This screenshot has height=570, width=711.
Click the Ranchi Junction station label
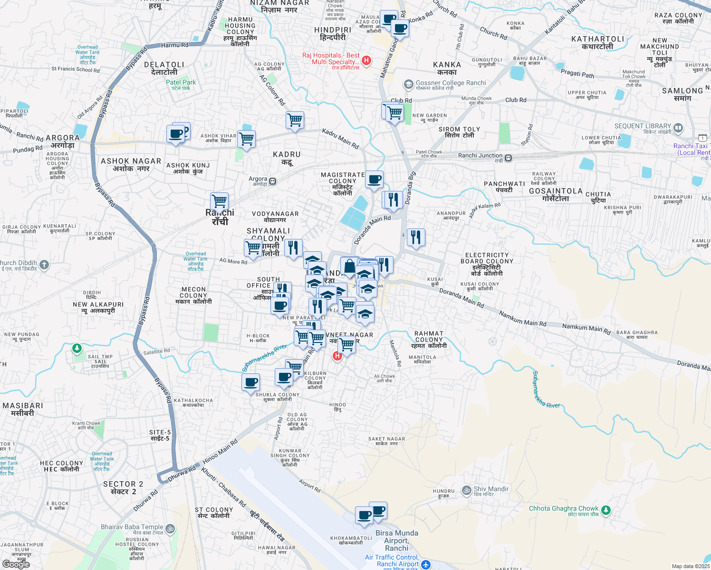tap(480, 156)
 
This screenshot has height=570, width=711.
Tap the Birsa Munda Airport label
tap(397, 540)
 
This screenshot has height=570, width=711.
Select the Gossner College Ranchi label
tap(451, 83)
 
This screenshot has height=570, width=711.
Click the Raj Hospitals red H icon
tap(366, 60)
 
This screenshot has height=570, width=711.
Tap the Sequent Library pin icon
tap(678, 127)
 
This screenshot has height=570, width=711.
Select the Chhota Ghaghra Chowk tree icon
tap(605, 510)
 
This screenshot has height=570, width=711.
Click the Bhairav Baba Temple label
tap(132, 527)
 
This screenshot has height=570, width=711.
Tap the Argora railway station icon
tap(273, 181)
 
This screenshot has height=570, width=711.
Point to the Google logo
tap(16, 564)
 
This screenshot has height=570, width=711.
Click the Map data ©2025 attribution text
tap(691, 566)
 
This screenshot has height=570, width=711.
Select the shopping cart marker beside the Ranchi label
tap(219, 201)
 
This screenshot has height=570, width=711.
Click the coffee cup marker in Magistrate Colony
tap(374, 180)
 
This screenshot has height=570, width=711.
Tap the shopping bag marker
tap(349, 266)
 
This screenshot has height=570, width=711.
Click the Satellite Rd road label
tap(156, 352)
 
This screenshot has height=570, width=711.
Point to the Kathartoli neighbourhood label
tap(597, 43)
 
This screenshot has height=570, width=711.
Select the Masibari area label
tap(23, 409)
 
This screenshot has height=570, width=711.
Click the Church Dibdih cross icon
tap(44, 265)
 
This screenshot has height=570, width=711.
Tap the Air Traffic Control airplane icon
tap(425, 564)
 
